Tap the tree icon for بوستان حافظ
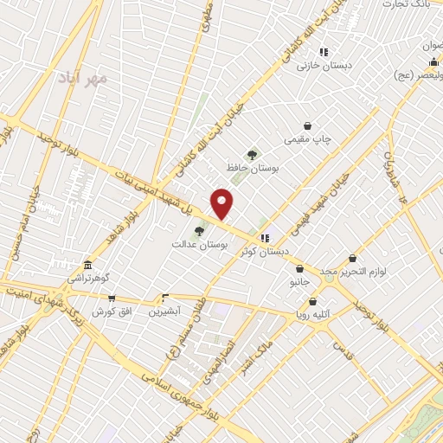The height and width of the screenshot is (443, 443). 252,155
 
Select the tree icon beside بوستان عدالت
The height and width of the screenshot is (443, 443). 200,230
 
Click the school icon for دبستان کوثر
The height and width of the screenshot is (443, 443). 264,237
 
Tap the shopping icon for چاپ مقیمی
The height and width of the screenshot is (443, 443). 307,126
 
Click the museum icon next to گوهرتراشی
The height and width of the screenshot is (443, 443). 86,266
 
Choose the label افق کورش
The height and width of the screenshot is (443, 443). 111,310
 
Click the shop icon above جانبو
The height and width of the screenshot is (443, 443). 299,269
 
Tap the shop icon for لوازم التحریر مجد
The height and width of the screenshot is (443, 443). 352,258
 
